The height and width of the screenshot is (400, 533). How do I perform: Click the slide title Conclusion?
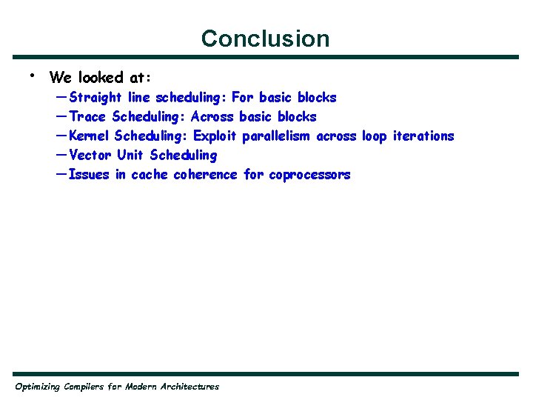tap(265, 39)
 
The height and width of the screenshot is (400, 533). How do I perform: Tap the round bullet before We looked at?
tap(33, 75)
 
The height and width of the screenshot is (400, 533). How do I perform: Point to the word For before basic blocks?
tap(242, 98)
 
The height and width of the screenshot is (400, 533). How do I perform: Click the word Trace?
tap(87, 117)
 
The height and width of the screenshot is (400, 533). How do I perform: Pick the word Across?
tap(212, 117)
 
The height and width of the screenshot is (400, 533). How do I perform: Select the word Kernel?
tap(89, 136)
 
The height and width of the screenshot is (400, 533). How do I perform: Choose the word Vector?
tap(90, 156)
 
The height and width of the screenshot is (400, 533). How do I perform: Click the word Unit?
tap(130, 156)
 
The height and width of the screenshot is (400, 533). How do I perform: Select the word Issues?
tap(88, 175)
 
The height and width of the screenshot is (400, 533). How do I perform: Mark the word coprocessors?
tap(309, 175)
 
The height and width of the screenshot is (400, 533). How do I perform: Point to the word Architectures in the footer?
tap(190, 387)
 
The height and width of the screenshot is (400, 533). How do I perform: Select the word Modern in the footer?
tap(140, 387)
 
